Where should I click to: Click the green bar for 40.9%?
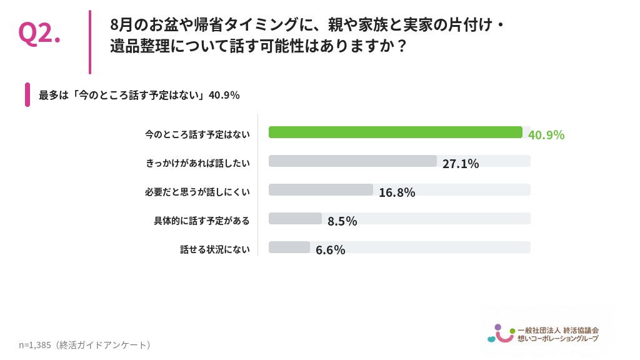tap(396, 132)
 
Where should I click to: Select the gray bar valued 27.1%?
tap(352, 161)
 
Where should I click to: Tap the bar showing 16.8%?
tap(321, 190)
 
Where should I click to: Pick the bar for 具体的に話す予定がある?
tap(295, 218)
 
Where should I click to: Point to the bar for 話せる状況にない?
tap(289, 247)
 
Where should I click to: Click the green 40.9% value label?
tap(546, 135)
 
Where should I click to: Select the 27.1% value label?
tap(461, 164)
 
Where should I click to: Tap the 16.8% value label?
tap(397, 192)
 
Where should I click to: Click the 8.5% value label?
tap(342, 221)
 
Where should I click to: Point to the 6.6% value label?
tap(330, 250)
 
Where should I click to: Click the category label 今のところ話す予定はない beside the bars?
tap(197, 135)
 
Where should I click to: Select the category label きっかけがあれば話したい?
tap(198, 163)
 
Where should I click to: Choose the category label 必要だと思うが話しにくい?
tap(197, 192)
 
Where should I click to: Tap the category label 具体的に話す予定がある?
tap(202, 221)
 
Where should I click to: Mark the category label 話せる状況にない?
tap(215, 249)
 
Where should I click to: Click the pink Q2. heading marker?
tap(39, 33)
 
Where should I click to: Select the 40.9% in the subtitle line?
tap(224, 95)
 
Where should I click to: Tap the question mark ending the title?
tap(402, 46)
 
